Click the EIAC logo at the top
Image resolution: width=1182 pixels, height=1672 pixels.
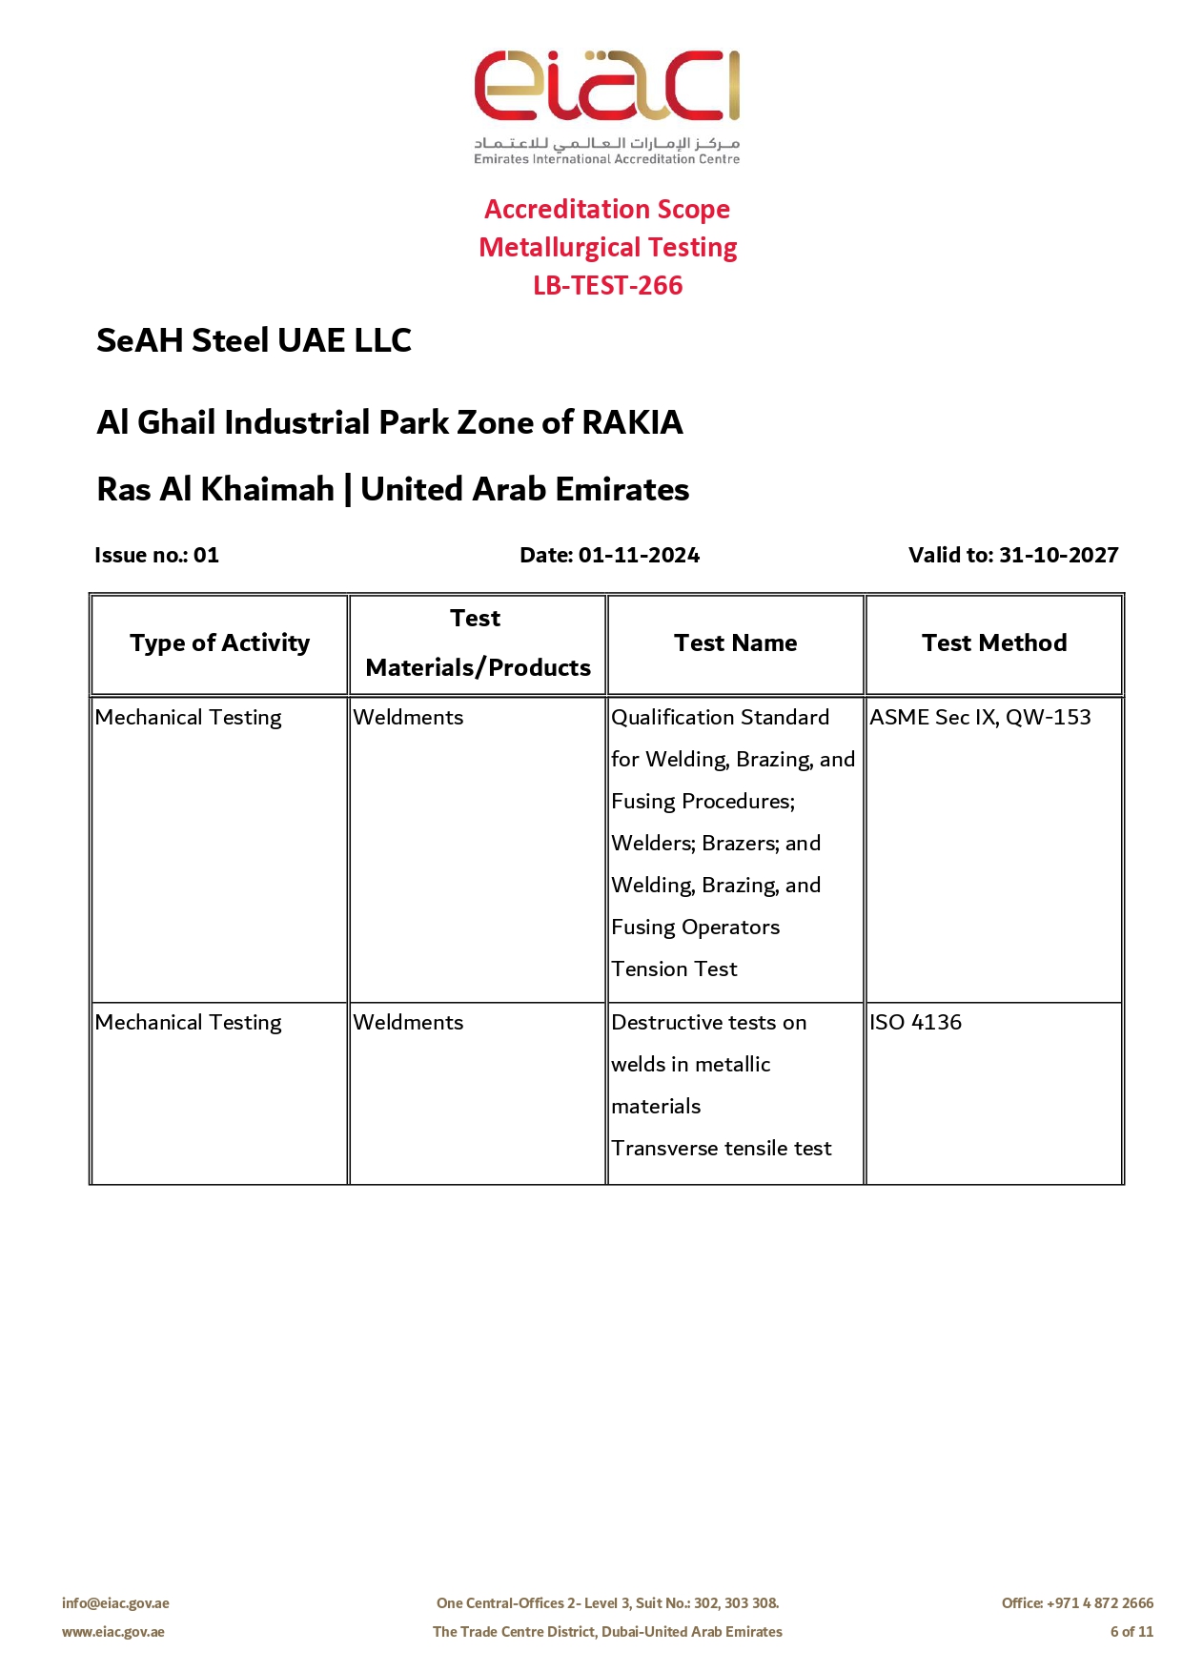pyautogui.click(x=607, y=105)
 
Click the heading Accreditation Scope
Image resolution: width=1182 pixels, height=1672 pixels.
pyautogui.click(x=607, y=209)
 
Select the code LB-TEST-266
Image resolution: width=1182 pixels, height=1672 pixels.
pyautogui.click(x=607, y=285)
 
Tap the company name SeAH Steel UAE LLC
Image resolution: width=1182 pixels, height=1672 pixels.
pyautogui.click(x=254, y=340)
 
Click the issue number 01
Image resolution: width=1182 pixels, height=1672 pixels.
pyautogui.click(x=206, y=555)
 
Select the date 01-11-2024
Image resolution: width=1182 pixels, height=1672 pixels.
pyautogui.click(x=639, y=555)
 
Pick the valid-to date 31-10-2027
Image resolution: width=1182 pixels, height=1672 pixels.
pyautogui.click(x=1058, y=555)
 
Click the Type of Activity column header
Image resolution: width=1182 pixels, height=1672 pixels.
pyautogui.click(x=220, y=643)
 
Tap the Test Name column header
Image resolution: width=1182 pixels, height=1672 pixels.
pyautogui.click(x=735, y=643)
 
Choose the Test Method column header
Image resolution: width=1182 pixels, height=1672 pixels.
pyautogui.click(x=994, y=643)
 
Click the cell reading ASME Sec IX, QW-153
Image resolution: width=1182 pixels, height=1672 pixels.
pyautogui.click(x=980, y=717)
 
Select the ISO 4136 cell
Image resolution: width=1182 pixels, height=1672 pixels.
pyautogui.click(x=915, y=1022)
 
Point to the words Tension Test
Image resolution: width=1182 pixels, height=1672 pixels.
pyautogui.click(x=674, y=969)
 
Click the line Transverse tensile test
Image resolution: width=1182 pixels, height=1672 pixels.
pyautogui.click(x=721, y=1148)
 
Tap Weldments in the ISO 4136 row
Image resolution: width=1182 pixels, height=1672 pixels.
pyautogui.click(x=408, y=1022)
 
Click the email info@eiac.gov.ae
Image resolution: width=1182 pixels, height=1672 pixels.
pyautogui.click(x=115, y=1603)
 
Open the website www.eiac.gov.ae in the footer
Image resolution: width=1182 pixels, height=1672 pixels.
pyautogui.click(x=113, y=1632)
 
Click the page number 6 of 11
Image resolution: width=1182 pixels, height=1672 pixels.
pyautogui.click(x=1131, y=1632)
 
